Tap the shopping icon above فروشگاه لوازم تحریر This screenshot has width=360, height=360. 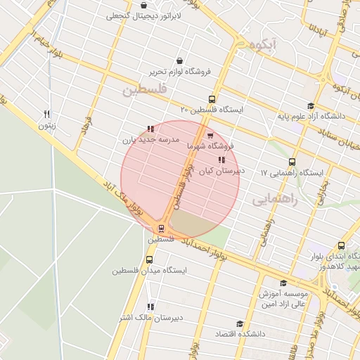(181, 61)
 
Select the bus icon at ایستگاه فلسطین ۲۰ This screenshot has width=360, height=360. (212, 99)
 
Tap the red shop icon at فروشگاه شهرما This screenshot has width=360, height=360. (210, 136)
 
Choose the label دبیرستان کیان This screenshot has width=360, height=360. (221, 170)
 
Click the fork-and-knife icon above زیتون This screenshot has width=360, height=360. (46, 114)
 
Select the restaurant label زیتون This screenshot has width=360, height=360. (46, 125)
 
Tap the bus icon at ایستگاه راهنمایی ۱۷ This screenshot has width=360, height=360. (291, 161)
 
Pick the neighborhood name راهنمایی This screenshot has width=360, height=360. (274, 200)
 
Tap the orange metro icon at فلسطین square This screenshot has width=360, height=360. (161, 229)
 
